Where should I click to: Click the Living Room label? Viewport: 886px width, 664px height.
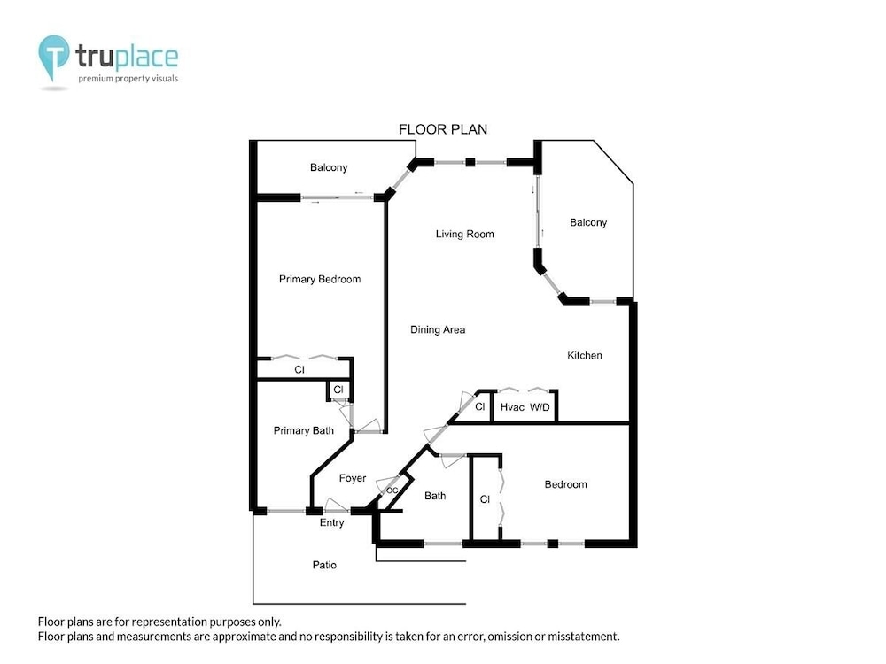464,235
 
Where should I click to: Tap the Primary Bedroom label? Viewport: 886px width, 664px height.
320,280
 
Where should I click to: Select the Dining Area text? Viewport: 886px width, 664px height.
438,329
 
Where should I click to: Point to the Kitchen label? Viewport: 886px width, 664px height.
584,355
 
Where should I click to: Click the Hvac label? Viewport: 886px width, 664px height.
512,407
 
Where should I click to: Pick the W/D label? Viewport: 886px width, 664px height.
540,407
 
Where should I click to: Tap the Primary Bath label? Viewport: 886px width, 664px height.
303,431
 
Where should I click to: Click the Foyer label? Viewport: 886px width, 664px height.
353,478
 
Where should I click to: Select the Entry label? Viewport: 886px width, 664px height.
331,523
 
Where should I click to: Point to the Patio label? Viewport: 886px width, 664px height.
324,565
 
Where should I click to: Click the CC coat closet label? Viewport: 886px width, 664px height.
392,490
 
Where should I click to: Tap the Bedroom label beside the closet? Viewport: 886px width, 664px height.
565,484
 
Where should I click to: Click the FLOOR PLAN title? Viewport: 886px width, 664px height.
443,129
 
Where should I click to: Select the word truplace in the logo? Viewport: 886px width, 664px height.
127,57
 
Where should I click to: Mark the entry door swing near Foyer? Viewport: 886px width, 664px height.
336,506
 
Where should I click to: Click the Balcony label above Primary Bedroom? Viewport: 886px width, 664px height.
329,167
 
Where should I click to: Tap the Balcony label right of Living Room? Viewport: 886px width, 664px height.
588,222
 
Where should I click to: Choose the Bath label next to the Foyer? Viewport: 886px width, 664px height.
435,496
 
